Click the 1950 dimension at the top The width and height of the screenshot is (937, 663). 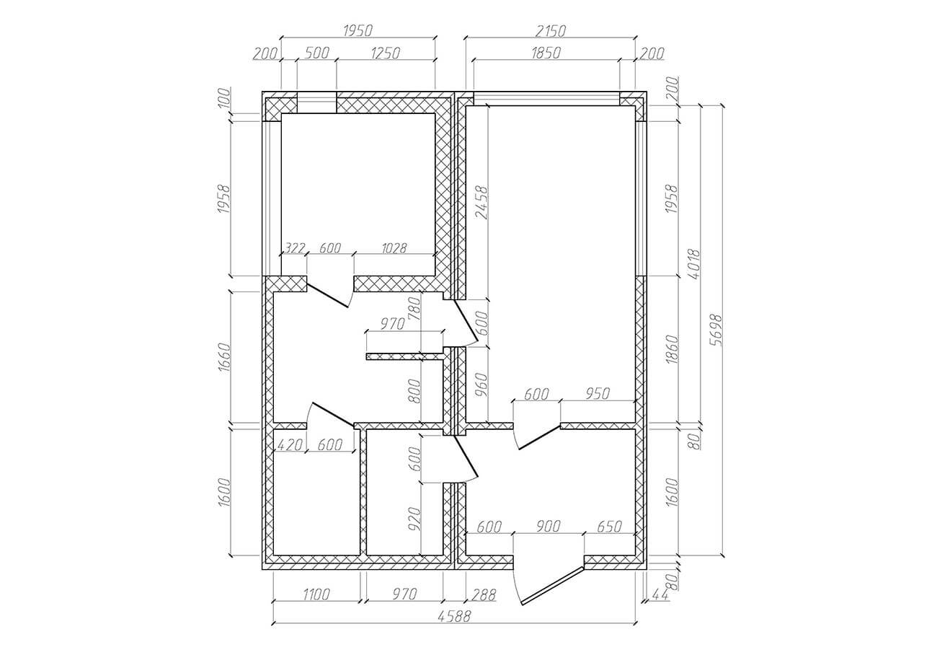[358, 30]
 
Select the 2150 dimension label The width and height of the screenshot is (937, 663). [550, 31]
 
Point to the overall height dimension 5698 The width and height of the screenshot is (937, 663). [716, 330]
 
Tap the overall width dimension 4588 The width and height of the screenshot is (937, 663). [454, 616]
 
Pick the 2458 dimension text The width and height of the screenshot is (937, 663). [481, 203]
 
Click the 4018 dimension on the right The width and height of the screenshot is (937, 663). [693, 265]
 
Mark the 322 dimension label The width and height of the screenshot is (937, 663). [295, 248]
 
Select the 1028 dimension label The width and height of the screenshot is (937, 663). [394, 248]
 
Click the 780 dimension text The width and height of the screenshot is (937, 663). [414, 308]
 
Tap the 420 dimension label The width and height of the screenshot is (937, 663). [290, 445]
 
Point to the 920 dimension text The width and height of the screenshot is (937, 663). [414, 519]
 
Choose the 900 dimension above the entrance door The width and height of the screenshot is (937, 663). [548, 527]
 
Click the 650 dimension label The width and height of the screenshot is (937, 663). [610, 527]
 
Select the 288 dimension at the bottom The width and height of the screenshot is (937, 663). [484, 594]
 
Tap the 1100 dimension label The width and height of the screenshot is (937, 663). [316, 594]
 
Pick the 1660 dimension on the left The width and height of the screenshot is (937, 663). [225, 357]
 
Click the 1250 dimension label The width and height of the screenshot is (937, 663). [386, 53]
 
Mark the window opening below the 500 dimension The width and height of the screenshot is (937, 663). [316, 102]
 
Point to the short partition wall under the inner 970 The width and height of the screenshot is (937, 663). [404, 356]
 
